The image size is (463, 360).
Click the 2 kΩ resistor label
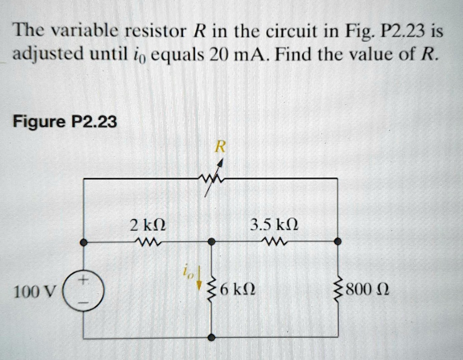[x=148, y=225]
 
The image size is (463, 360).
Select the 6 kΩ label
[x=238, y=290]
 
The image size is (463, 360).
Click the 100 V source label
[x=34, y=292]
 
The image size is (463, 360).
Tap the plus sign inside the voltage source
[x=84, y=279]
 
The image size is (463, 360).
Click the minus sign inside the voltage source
[x=84, y=303]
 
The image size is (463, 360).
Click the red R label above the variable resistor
[x=220, y=147]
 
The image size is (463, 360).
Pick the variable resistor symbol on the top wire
[x=213, y=178]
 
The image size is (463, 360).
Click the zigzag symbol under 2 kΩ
[x=147, y=243]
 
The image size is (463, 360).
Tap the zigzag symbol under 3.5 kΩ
[x=275, y=242]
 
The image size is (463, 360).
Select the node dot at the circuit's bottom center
[x=211, y=337]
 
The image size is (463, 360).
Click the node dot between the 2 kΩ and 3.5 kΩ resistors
[x=211, y=242]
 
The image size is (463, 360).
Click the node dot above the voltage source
[x=84, y=243]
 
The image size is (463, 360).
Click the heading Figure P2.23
[x=65, y=122]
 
